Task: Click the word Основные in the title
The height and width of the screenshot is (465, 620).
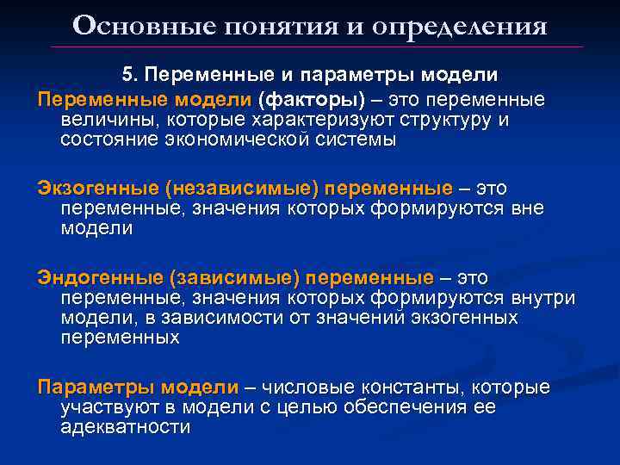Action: pyautogui.click(x=126, y=25)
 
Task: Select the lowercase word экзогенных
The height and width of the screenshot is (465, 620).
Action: pyautogui.click(x=459, y=318)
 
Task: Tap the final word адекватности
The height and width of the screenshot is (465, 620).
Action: pyautogui.click(x=126, y=427)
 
